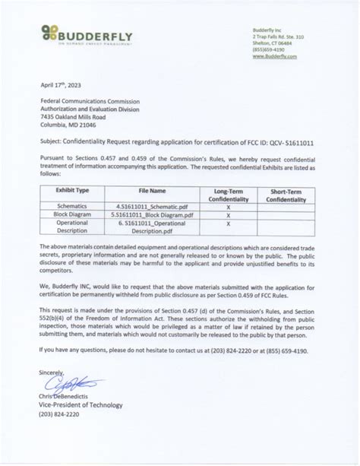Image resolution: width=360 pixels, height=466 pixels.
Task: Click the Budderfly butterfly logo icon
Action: tap(50, 33)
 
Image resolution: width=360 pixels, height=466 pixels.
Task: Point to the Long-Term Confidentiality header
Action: tap(228, 195)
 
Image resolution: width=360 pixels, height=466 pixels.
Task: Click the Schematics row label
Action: tap(73, 205)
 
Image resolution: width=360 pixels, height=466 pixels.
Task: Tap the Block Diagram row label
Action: tap(72, 215)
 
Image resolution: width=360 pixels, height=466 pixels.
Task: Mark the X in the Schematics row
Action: tap(228, 205)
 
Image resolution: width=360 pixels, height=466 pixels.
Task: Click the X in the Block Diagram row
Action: tap(228, 215)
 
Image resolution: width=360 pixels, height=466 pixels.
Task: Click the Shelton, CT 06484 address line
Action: tap(276, 43)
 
